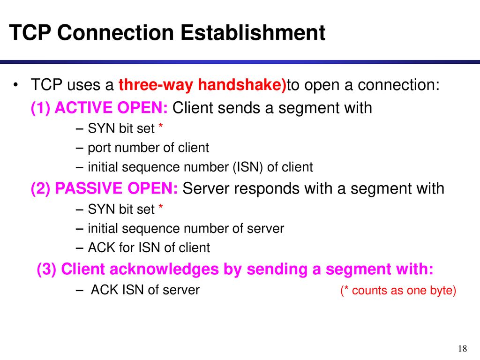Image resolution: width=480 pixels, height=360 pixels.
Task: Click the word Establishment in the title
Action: [x=253, y=32]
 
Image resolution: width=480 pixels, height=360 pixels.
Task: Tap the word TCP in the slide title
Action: [x=30, y=32]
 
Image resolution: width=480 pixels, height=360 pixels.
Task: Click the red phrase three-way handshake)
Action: [x=202, y=85]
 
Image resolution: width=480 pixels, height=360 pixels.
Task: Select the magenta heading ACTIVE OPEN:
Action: [x=111, y=108]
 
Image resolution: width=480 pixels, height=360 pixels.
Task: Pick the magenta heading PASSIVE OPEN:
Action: [x=116, y=188]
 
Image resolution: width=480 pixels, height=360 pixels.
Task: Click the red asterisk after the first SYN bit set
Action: [x=160, y=126]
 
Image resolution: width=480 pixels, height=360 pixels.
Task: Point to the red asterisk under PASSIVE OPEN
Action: [x=160, y=207]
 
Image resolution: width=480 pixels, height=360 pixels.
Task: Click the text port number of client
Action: [x=148, y=148]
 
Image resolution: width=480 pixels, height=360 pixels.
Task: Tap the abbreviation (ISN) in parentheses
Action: [x=248, y=167]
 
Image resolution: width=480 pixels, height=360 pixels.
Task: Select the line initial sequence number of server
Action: [x=186, y=229]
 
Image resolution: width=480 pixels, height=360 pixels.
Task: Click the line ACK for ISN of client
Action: [x=149, y=247]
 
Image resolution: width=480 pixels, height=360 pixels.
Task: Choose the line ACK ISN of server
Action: [x=145, y=290]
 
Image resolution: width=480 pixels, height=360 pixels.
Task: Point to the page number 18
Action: [x=463, y=348]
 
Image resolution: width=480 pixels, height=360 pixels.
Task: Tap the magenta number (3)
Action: [x=46, y=269]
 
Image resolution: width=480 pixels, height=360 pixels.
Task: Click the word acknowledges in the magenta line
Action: [x=164, y=269]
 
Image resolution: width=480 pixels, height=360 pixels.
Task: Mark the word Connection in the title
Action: [x=116, y=32]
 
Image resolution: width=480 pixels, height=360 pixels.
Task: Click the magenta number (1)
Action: [x=41, y=108]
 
